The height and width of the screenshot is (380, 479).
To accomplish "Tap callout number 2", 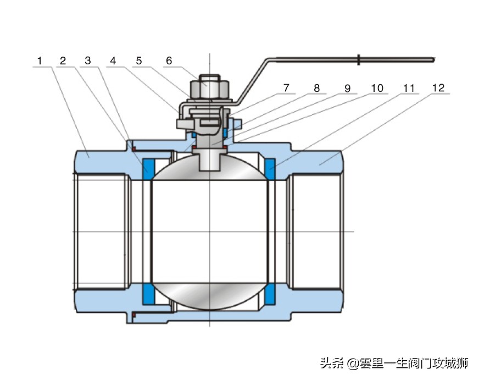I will click(x=63, y=60).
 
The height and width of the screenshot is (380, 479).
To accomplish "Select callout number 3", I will click(x=88, y=60).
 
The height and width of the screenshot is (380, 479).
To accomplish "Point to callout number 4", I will click(x=113, y=60).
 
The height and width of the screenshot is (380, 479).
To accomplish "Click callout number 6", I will click(x=169, y=60).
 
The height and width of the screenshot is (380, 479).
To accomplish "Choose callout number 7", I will click(x=286, y=87).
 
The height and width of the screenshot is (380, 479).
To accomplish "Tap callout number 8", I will click(x=316, y=87).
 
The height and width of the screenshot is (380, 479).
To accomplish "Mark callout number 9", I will click(x=347, y=87).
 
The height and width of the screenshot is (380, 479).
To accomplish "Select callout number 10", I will click(x=377, y=87).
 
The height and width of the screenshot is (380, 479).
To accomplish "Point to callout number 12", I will click(x=438, y=87).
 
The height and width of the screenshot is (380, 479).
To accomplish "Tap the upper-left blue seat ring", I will click(x=148, y=167).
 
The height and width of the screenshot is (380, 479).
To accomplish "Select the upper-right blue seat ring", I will click(x=270, y=167).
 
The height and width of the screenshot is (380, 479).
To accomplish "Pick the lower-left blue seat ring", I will click(x=148, y=295).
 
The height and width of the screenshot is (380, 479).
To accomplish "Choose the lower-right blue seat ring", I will click(x=270, y=295).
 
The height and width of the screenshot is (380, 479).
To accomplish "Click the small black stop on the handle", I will click(x=358, y=59).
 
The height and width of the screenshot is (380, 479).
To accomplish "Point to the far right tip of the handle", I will click(x=433, y=59).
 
